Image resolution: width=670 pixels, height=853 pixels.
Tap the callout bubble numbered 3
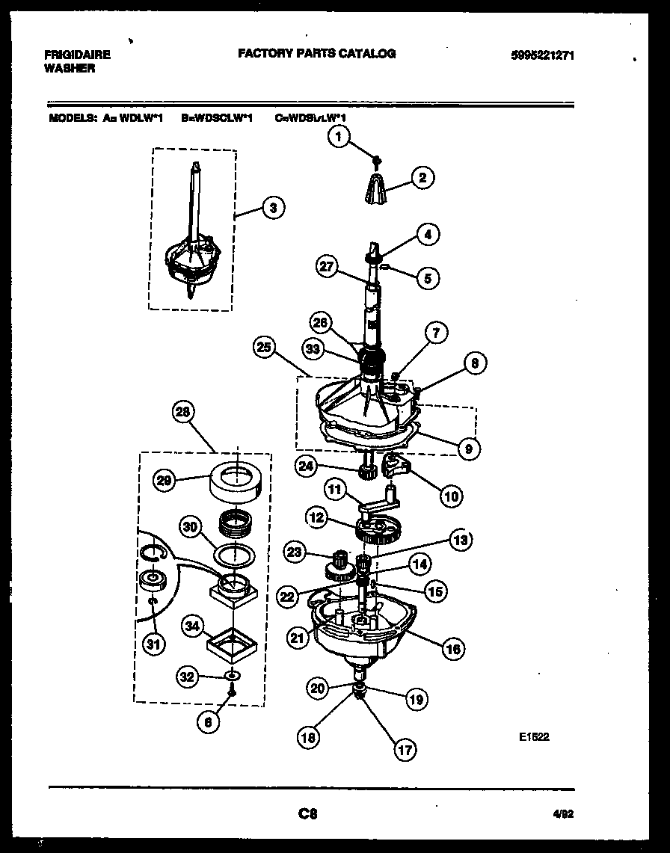tap(273, 209)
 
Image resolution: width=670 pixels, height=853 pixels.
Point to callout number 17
tap(405, 750)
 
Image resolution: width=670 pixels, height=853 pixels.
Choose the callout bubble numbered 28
tap(182, 411)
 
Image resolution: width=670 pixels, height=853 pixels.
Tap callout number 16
tap(453, 648)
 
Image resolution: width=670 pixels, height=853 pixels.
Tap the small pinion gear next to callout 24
tap(366, 471)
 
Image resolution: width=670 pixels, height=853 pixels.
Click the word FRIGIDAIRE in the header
tap(77, 55)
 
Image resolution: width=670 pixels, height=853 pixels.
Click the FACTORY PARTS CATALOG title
tap(316, 54)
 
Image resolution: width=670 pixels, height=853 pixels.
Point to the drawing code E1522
tap(534, 736)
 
